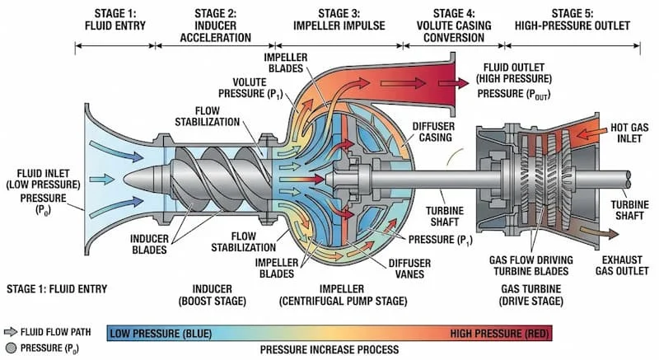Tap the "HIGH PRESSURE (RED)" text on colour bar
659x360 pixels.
499,333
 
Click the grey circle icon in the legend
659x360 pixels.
12,346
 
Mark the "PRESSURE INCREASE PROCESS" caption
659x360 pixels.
329,349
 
